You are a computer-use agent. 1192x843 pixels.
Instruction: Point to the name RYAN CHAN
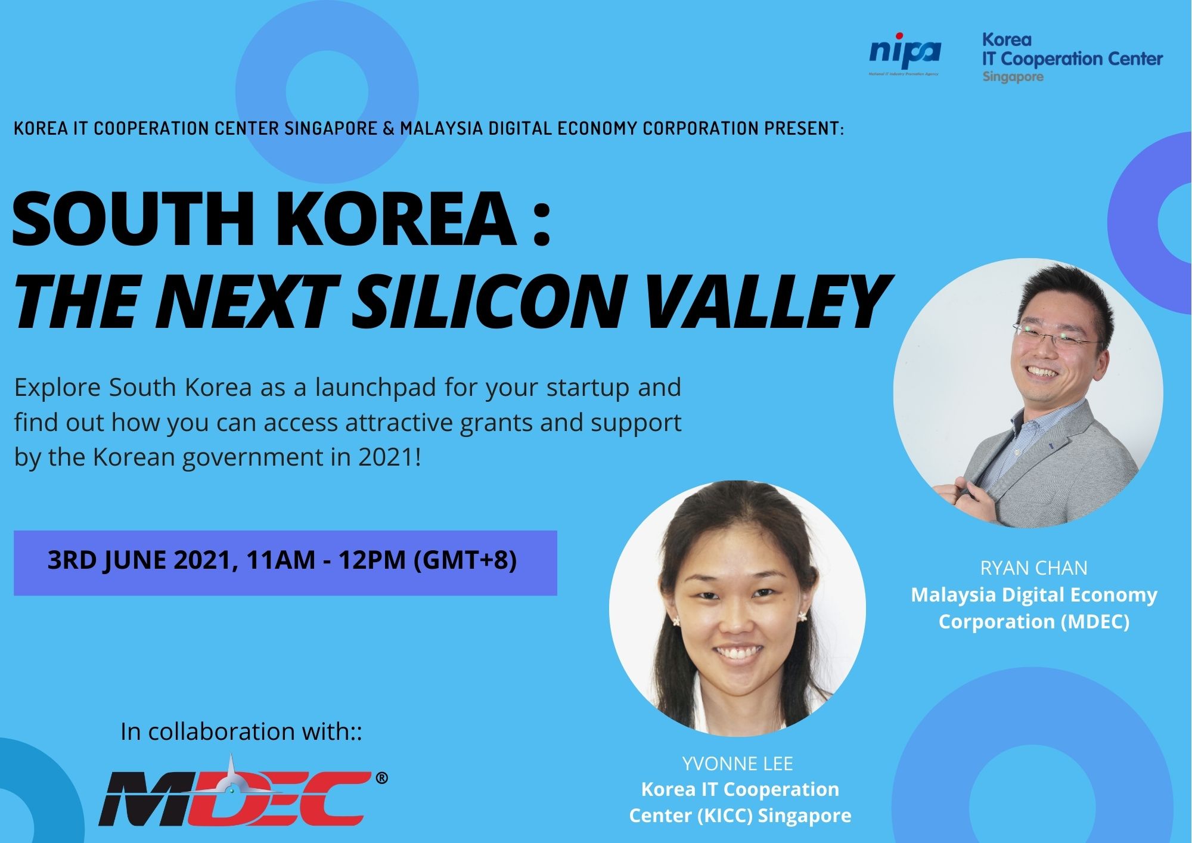1033,568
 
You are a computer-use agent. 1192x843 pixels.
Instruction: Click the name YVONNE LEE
737,763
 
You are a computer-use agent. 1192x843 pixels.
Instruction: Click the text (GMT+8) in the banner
464,561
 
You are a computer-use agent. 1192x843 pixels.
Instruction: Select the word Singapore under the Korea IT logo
1013,77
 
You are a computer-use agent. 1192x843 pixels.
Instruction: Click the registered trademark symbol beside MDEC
382,778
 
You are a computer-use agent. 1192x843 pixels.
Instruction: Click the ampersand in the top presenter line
389,129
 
